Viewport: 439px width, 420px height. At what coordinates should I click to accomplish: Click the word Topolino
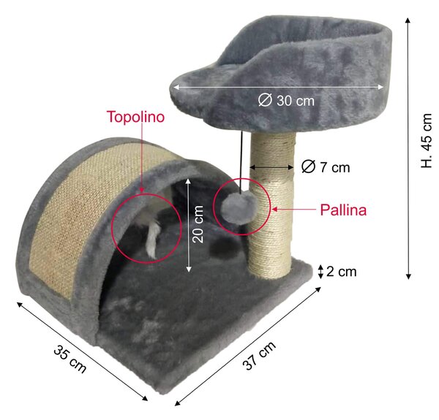tap(136, 117)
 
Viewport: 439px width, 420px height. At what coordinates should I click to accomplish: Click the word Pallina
tap(343, 210)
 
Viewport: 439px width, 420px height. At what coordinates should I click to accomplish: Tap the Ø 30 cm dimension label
tap(286, 100)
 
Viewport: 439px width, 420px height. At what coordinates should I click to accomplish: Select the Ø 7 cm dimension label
tap(326, 167)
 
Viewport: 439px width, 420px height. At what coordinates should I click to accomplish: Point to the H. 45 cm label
tap(427, 140)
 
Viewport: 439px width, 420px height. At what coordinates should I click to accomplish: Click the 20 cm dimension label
tap(198, 224)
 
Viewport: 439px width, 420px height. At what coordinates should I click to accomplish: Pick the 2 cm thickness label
tap(341, 272)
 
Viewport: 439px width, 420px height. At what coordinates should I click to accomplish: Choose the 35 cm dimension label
tap(70, 359)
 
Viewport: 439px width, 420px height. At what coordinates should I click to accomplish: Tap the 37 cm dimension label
tap(260, 356)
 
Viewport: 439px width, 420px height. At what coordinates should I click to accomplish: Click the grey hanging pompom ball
tap(239, 207)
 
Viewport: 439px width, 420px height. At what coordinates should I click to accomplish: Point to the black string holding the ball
tap(241, 162)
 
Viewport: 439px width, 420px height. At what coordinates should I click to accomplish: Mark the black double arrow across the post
tap(271, 167)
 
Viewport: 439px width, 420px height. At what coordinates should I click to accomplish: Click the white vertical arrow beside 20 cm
tap(189, 225)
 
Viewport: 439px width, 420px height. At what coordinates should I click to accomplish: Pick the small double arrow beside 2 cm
tap(321, 272)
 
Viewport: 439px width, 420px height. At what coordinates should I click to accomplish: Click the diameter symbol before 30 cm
tap(265, 100)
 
